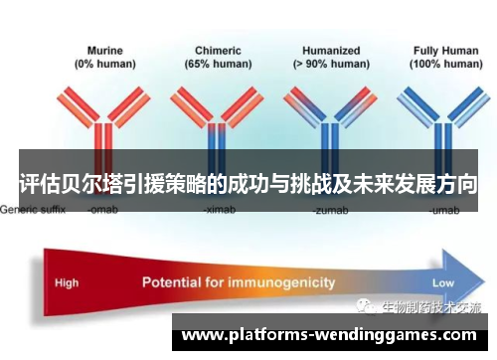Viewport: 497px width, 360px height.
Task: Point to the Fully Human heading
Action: [x=438, y=49]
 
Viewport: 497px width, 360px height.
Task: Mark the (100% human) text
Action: [x=438, y=63]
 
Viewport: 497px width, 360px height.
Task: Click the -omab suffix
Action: [x=104, y=211]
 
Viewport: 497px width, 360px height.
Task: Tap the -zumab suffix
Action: [x=329, y=211]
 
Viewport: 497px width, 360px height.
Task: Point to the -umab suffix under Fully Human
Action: [x=441, y=211]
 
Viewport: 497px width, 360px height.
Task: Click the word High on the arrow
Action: [x=67, y=282]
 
